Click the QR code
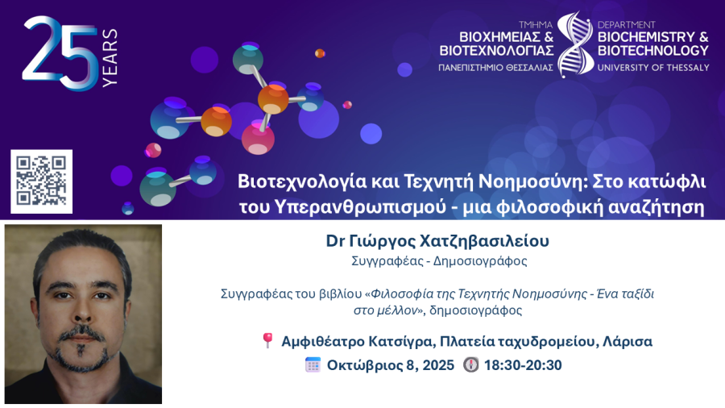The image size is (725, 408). pos(41,181)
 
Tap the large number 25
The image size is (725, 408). pos(60,53)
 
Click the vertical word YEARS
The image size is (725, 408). pos(110,57)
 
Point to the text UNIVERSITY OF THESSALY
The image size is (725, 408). pos(652,68)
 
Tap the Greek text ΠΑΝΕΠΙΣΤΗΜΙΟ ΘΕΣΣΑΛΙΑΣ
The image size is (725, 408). pos(495,68)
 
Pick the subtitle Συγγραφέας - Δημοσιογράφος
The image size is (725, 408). pos(439,261)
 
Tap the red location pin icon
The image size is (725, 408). pos(267,340)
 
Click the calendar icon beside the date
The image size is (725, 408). pos(313,364)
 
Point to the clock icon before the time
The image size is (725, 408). pos(470,364)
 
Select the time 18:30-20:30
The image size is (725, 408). pos(523,365)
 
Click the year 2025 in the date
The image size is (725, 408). pos(438,365)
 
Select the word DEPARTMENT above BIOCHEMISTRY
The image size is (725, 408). pos(626,25)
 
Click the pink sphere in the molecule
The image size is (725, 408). pos(258,139)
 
